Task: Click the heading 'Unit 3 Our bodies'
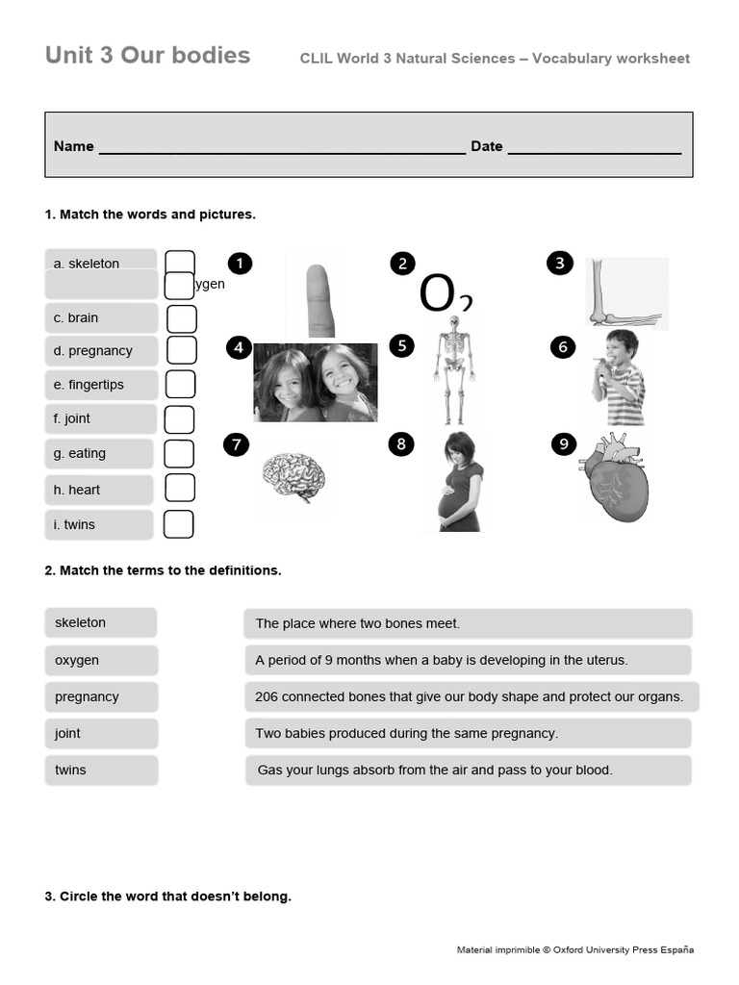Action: coord(147,55)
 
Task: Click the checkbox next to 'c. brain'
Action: coord(181,318)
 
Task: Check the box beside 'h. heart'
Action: coord(180,489)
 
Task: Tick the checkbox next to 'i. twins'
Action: coord(178,524)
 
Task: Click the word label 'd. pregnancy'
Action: coord(100,351)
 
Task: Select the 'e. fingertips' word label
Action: coord(100,385)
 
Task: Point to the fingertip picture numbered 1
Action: coord(316,293)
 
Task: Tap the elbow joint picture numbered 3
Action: coord(625,293)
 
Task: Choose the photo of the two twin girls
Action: coord(316,382)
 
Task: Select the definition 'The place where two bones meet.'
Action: coord(467,623)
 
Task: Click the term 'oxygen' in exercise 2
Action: coord(100,661)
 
